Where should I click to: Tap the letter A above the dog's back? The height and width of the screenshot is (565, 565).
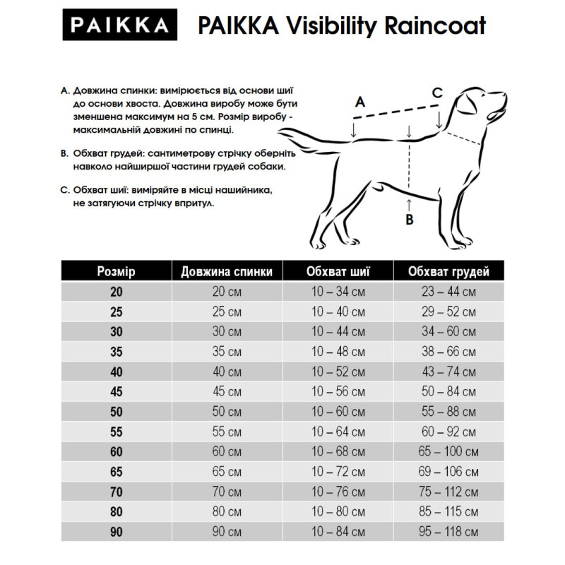[359, 102]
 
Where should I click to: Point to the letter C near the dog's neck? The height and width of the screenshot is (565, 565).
[437, 92]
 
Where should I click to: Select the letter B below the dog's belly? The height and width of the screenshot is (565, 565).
[409, 220]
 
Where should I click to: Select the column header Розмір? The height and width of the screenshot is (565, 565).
[116, 271]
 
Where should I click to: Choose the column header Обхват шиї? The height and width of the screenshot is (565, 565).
[338, 271]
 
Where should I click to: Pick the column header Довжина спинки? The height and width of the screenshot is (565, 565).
[227, 271]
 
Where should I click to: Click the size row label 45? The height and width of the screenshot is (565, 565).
[116, 392]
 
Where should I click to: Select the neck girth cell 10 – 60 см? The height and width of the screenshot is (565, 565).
[338, 412]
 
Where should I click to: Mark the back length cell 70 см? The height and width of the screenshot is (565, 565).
[227, 492]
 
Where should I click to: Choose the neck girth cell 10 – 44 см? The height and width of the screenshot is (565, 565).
[338, 332]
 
